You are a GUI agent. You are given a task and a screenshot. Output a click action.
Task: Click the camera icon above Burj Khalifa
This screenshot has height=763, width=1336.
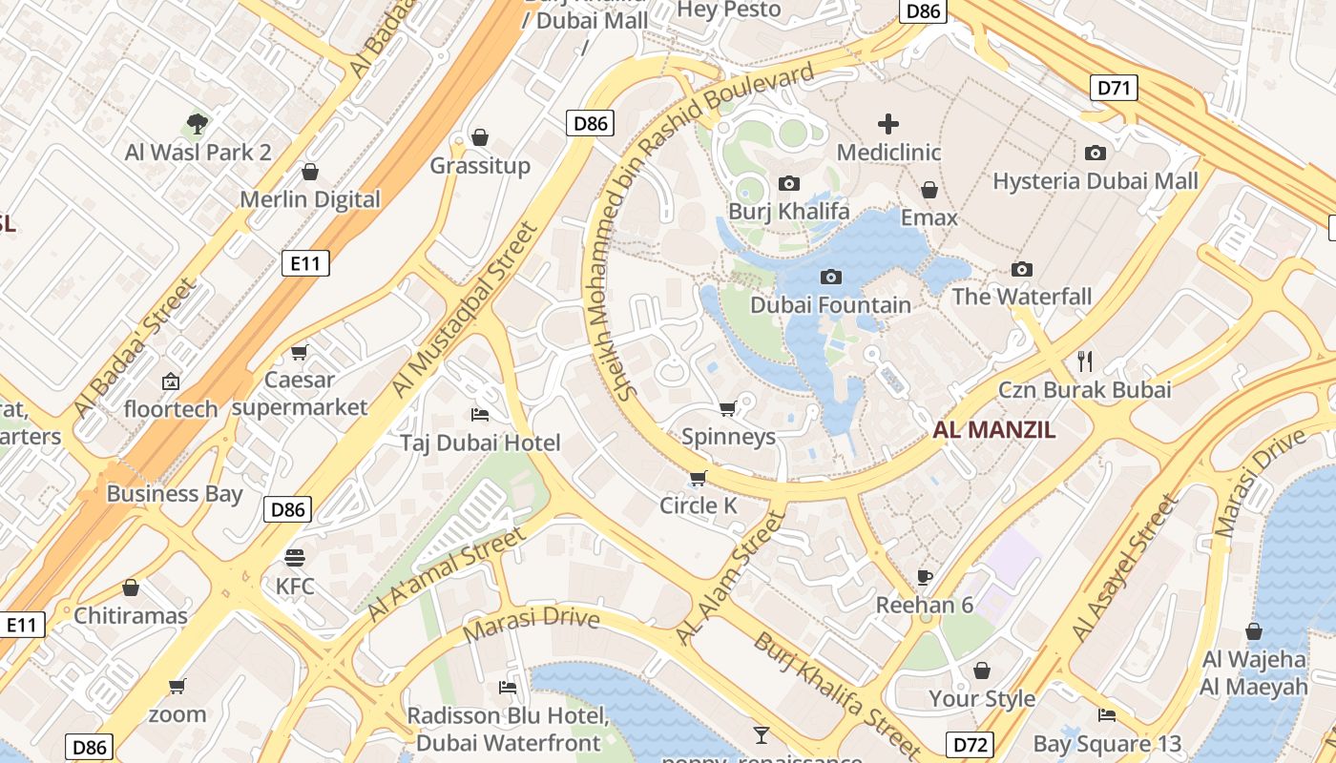[789, 183]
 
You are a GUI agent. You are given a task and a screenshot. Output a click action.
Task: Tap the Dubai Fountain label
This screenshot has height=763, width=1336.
[830, 305]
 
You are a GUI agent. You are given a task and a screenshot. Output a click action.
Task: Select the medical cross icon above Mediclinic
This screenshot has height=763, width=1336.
[888, 123]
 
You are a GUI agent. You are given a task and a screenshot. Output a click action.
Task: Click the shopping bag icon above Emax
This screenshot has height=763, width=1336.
[929, 190]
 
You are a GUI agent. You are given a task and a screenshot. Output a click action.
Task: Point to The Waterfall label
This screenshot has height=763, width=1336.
[1021, 297]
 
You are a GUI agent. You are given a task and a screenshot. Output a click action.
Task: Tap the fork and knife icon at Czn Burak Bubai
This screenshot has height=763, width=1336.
[1084, 361]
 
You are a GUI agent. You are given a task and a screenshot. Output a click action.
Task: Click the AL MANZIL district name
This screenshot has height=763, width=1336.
[994, 430]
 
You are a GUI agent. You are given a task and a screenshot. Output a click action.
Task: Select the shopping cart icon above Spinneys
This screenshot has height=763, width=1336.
[728, 409]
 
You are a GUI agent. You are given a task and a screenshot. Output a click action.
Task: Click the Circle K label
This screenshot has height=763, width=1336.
[699, 505]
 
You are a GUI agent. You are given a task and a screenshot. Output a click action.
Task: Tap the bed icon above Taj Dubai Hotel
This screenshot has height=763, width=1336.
[480, 414]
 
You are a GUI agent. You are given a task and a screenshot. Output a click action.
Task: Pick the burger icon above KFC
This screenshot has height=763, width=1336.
[295, 557]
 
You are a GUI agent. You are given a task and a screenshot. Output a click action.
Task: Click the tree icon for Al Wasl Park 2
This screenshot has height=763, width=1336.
[198, 123]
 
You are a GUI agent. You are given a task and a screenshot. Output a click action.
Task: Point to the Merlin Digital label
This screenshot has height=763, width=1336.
[309, 199]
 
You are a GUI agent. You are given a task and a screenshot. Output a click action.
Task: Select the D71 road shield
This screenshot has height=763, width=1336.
[1114, 89]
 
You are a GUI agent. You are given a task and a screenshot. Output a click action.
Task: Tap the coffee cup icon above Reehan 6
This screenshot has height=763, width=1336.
[924, 576]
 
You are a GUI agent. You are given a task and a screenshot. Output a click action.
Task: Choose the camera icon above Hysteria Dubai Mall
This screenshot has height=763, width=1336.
[1096, 153]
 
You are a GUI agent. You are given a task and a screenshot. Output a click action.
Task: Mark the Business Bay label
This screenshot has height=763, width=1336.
[175, 494]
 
